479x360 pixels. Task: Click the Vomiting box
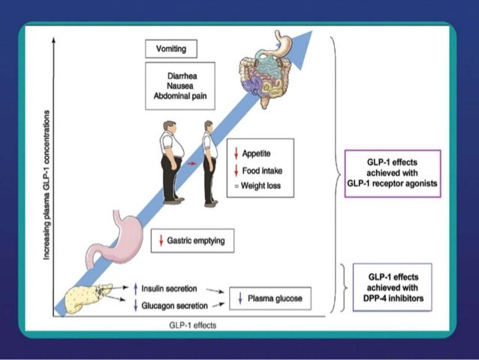coord(170,50)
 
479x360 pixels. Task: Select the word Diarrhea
coord(179,75)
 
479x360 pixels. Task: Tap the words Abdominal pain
coord(179,95)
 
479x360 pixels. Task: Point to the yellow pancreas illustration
coord(86,297)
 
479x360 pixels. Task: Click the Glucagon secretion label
coord(168,305)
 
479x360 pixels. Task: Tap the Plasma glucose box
coord(270,298)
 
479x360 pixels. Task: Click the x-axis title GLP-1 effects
coord(191,325)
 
